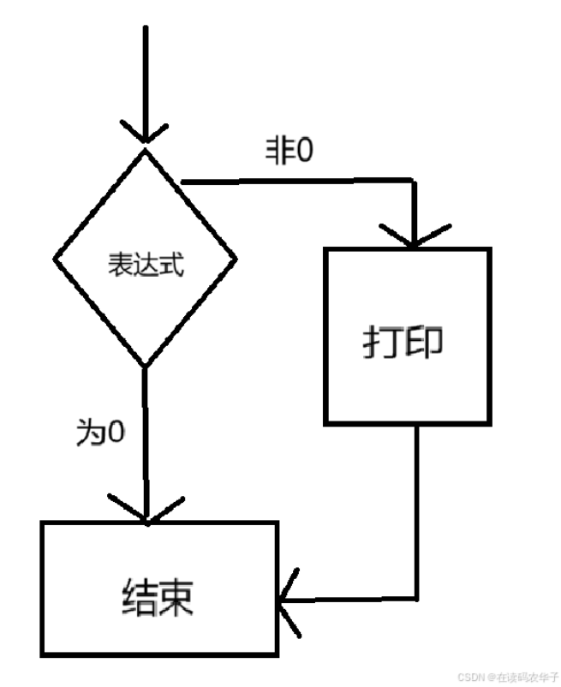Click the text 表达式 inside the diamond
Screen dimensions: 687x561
click(145, 263)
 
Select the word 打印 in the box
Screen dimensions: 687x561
click(403, 342)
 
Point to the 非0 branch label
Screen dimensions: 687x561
click(289, 152)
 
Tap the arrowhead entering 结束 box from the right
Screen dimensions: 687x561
click(288, 599)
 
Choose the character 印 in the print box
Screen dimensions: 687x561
click(424, 342)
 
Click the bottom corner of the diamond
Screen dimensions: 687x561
click(145, 366)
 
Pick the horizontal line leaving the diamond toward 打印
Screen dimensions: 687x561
click(300, 182)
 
